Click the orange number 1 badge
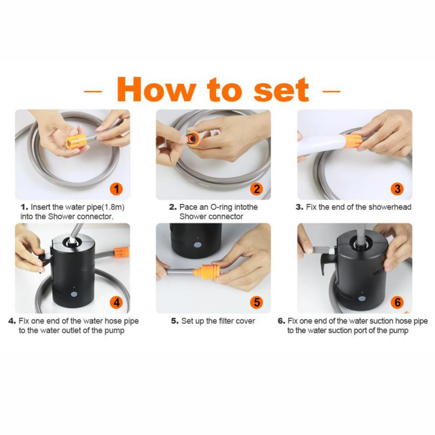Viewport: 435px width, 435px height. [116, 189]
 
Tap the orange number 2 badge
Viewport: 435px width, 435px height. [257, 189]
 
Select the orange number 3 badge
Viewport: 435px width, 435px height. [397, 189]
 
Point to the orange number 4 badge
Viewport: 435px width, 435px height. [116, 302]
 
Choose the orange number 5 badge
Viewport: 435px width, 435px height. [257, 302]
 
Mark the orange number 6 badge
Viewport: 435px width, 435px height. [397, 302]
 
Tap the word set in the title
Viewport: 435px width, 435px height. [281, 89]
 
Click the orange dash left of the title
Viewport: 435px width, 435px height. [93, 91]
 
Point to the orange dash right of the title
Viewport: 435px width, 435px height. [331, 91]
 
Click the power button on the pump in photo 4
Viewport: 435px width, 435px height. [73, 294]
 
